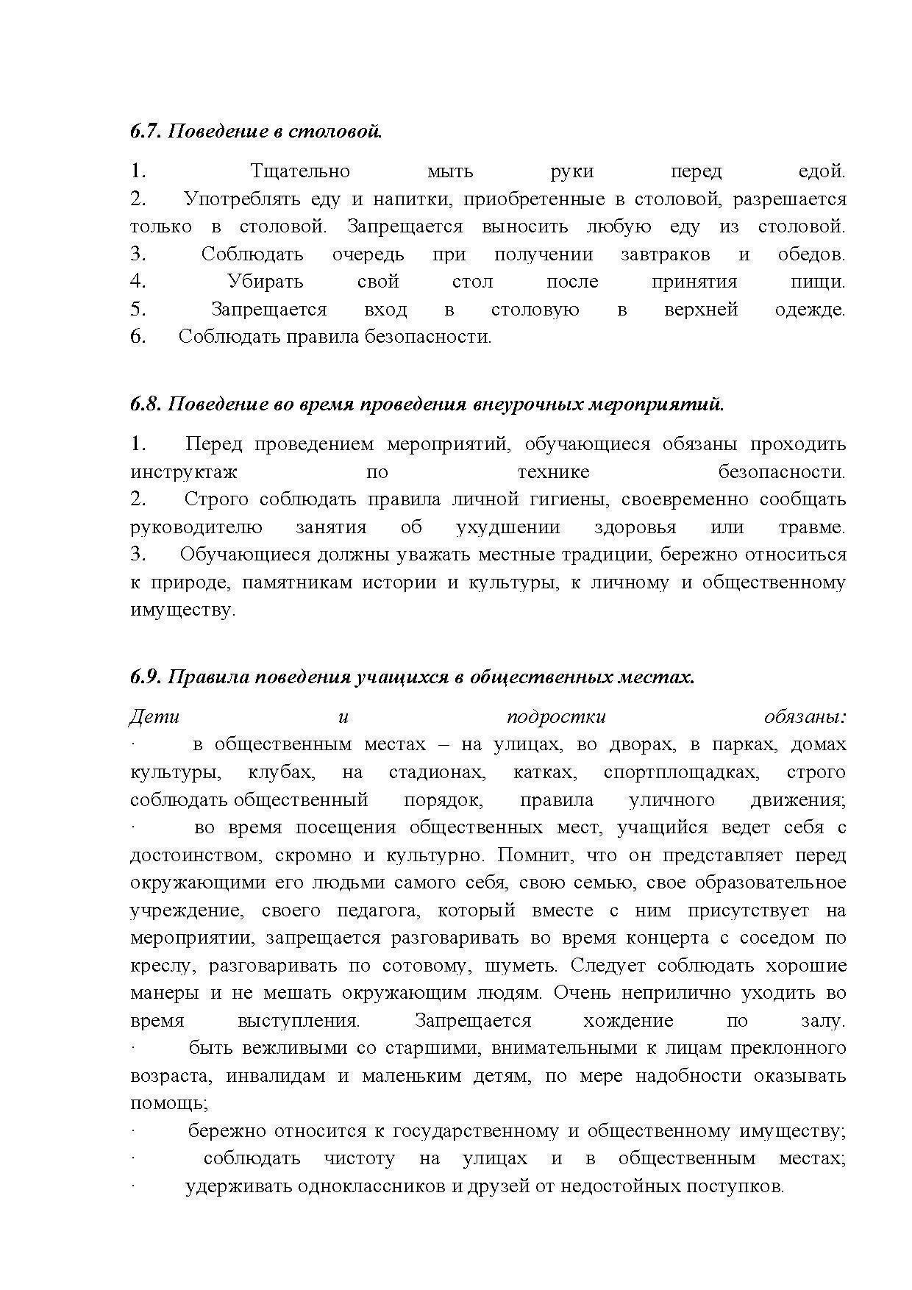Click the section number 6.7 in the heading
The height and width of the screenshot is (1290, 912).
click(x=145, y=132)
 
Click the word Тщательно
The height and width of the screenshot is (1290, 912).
click(x=300, y=172)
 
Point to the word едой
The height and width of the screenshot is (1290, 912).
click(x=822, y=172)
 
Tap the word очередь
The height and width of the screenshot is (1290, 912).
click(x=368, y=254)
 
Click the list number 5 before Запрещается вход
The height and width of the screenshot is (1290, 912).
click(x=138, y=310)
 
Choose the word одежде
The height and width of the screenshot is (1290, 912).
click(x=810, y=310)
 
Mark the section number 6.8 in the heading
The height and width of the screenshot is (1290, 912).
click(x=145, y=405)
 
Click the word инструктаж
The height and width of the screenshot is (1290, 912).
click(x=184, y=472)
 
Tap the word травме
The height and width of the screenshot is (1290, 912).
click(x=811, y=527)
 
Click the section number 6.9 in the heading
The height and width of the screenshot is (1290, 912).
click(x=145, y=677)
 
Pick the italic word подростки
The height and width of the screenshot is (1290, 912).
click(x=556, y=717)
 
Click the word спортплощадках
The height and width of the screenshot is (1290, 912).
click(x=680, y=773)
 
